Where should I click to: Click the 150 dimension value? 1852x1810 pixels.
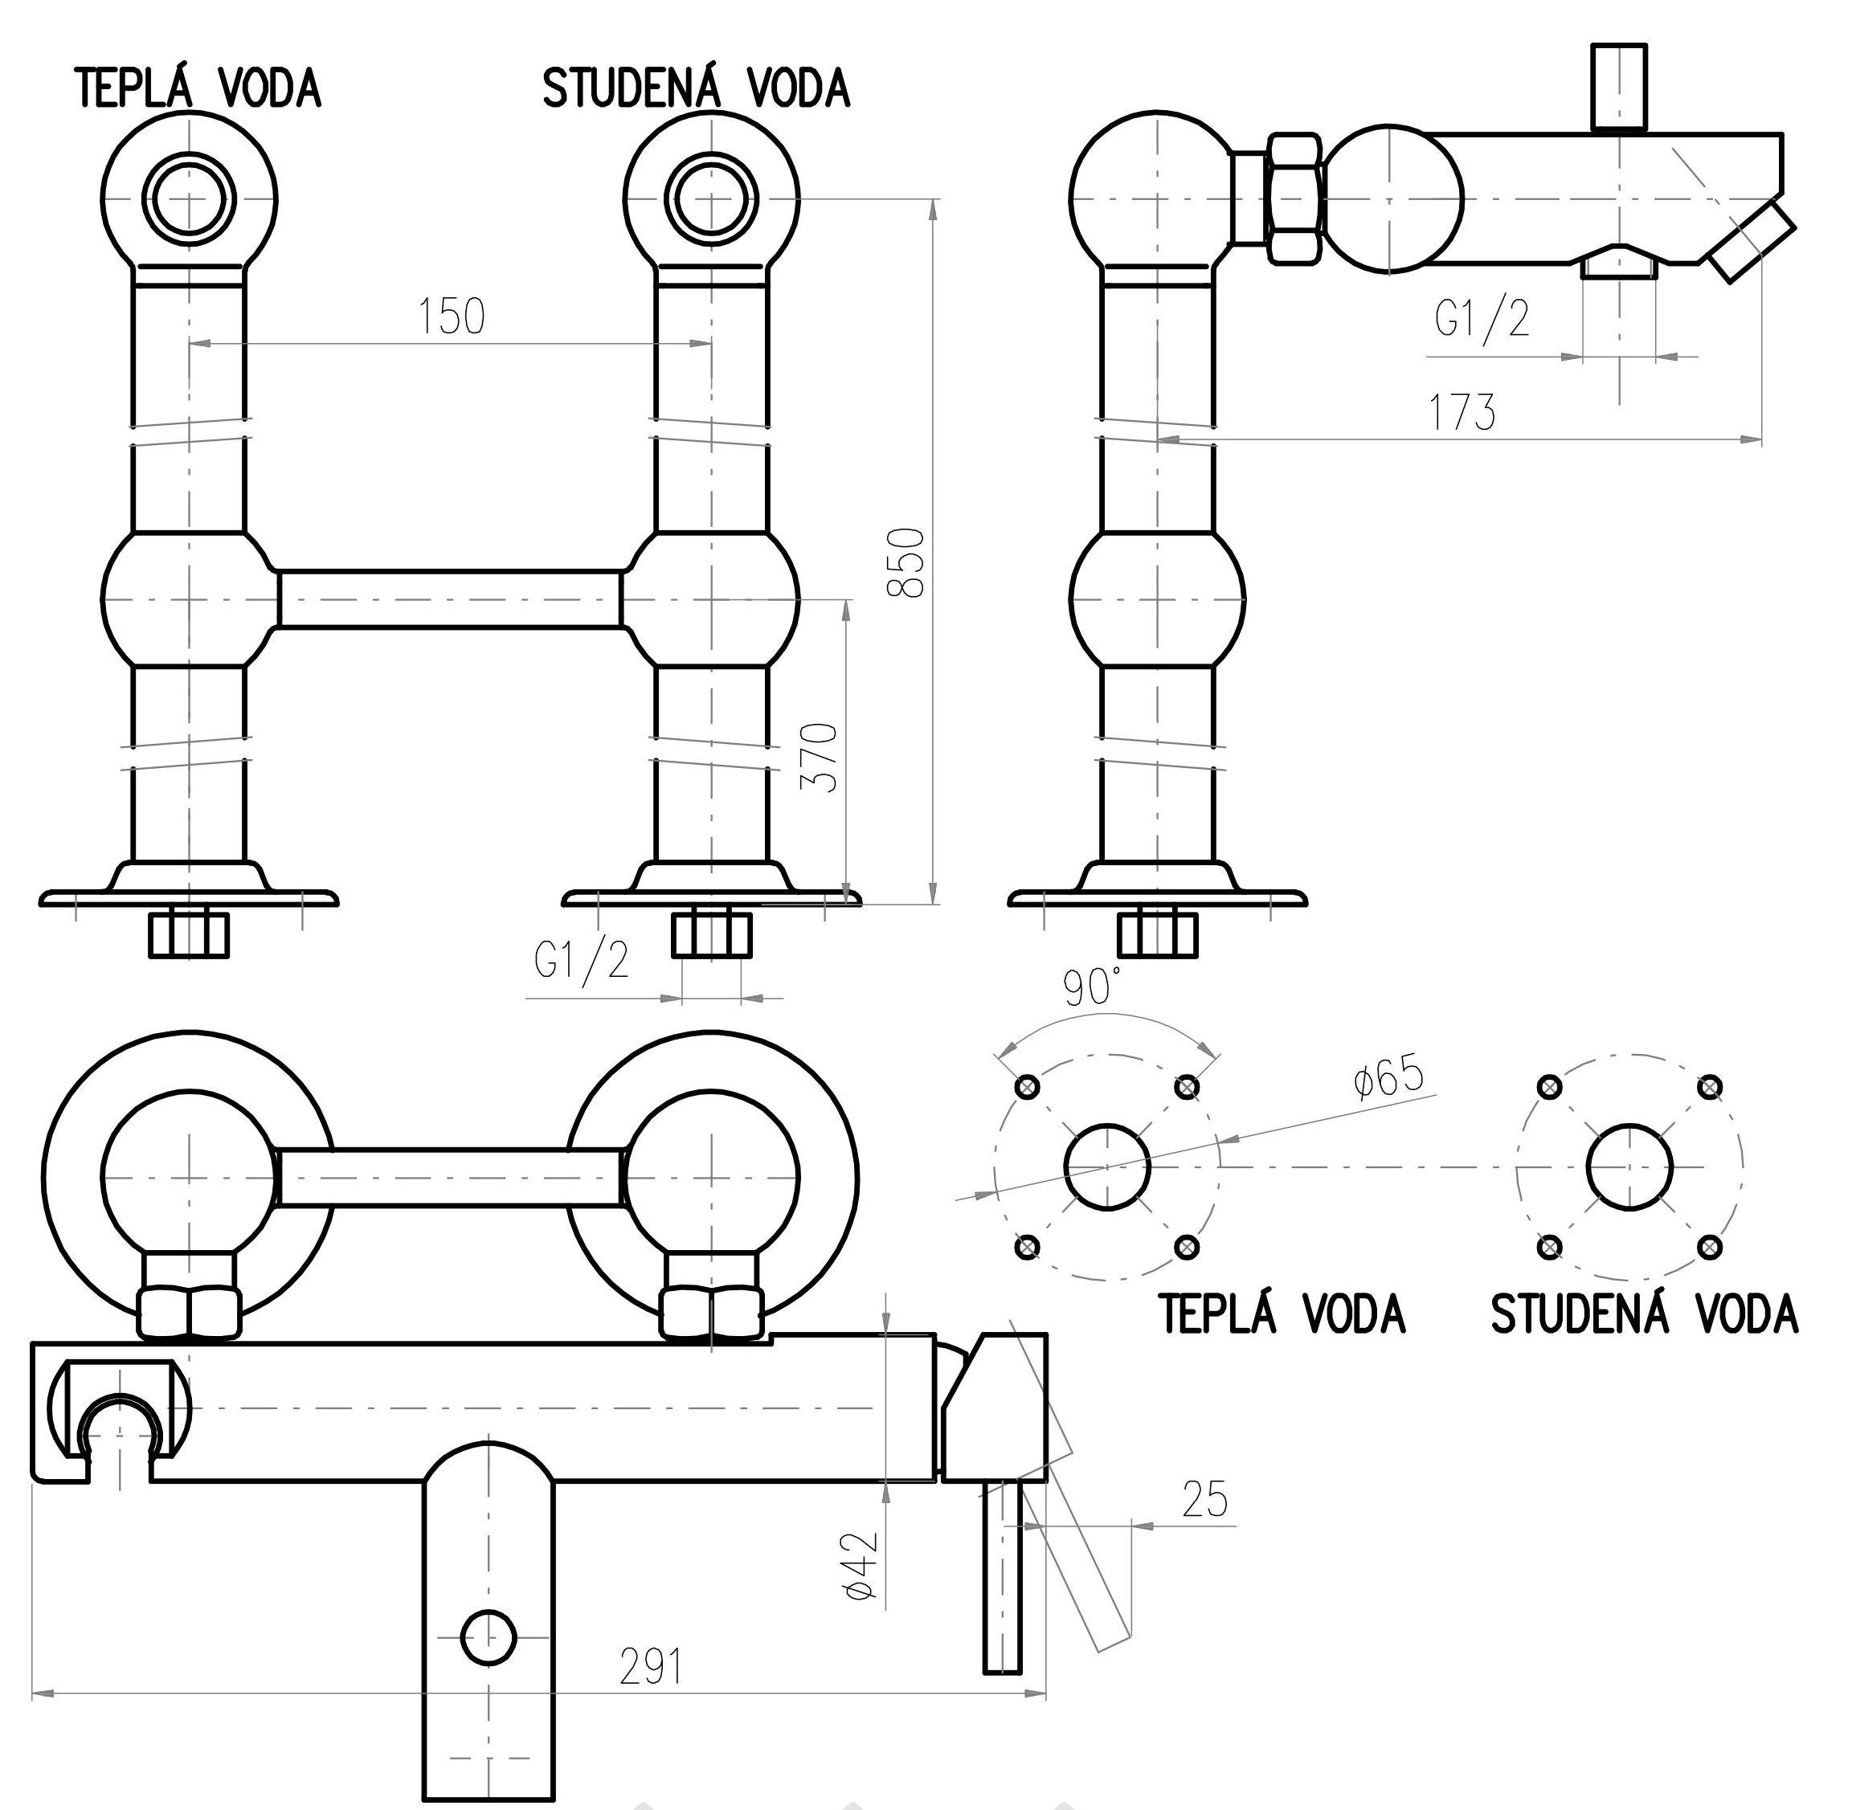(452, 317)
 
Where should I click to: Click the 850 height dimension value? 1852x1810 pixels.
(905, 563)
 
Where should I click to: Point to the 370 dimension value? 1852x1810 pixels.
(820, 758)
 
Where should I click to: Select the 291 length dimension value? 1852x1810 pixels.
(652, 1665)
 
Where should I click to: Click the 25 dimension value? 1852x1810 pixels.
(1204, 1500)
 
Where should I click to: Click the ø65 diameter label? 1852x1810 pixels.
(1389, 1078)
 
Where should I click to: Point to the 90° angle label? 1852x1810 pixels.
(1093, 989)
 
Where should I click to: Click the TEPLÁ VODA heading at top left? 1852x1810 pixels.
(198, 89)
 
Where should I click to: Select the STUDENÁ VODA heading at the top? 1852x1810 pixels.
(696, 89)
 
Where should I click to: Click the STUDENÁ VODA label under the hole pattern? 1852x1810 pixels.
(1644, 1316)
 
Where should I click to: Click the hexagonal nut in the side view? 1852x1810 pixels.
(1293, 198)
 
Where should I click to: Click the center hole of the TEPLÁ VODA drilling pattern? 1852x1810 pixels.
(1106, 1167)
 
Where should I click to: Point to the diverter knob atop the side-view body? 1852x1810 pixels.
(1619, 85)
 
